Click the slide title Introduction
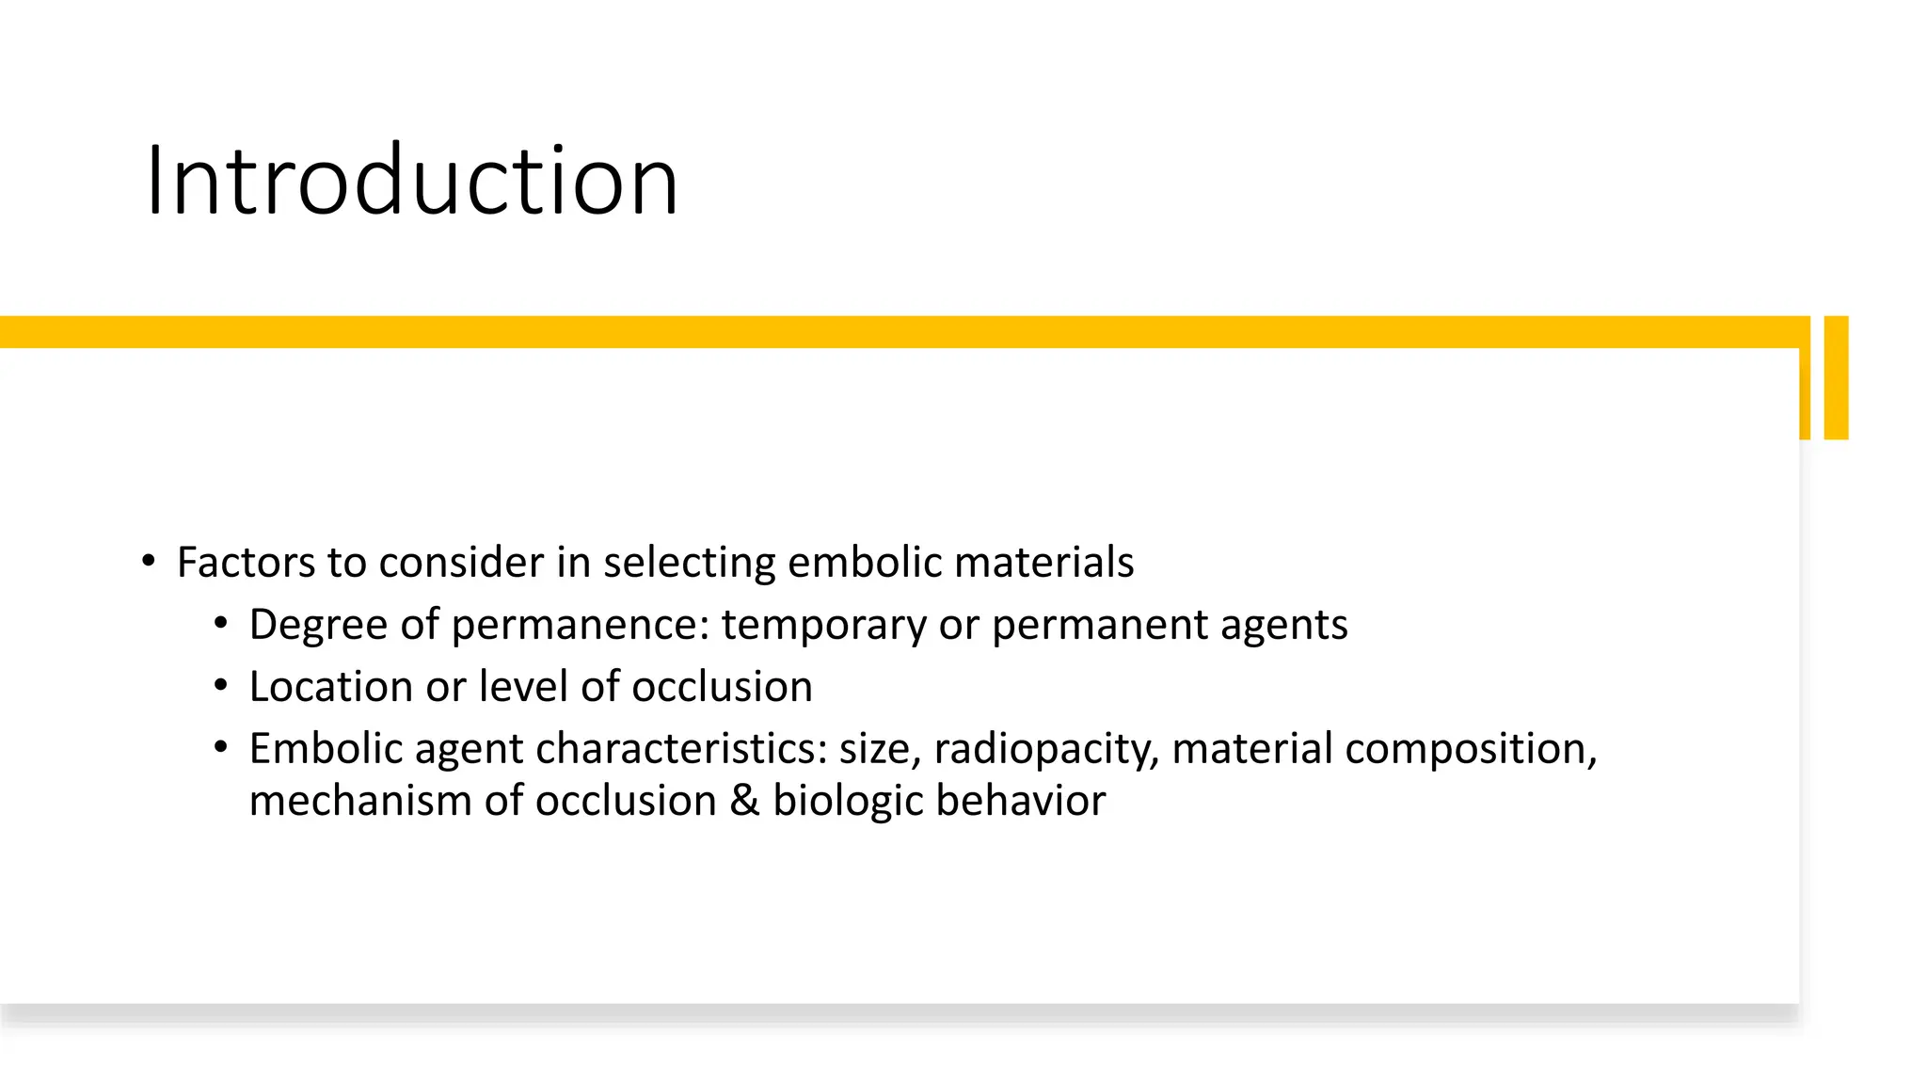[411, 181]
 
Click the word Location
[330, 687]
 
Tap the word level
[523, 687]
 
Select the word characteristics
[681, 749]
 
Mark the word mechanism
[360, 802]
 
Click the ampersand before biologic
[744, 802]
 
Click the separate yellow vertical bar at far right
[1836, 377]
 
